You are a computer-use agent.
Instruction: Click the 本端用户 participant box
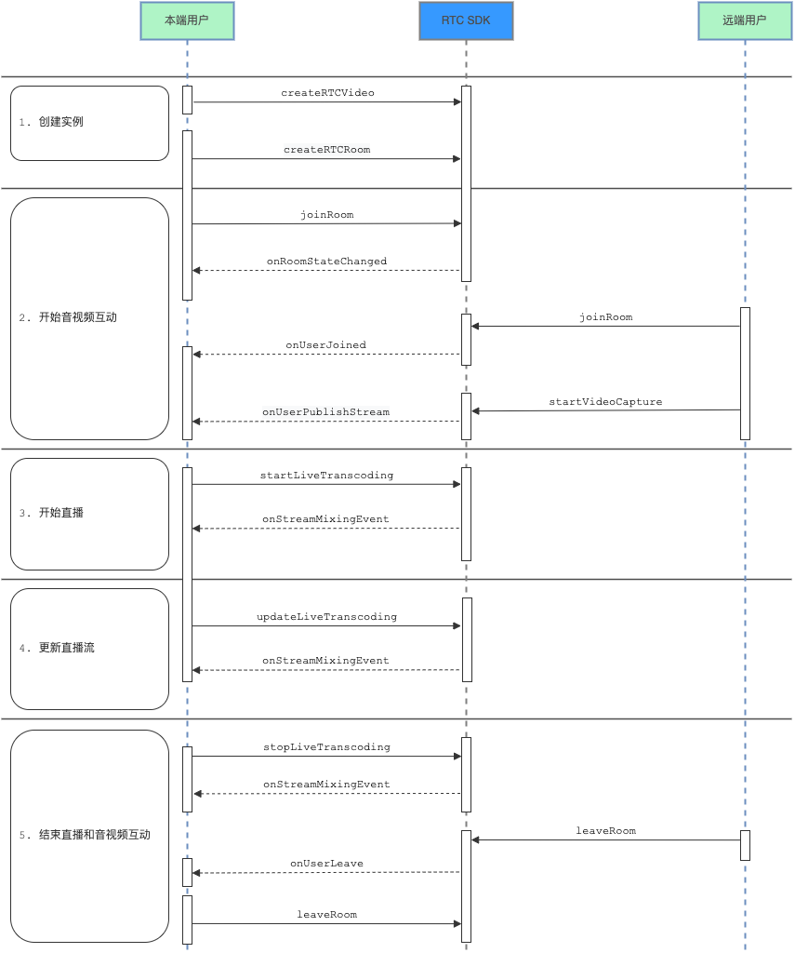(x=187, y=20)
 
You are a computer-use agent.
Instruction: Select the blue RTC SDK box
(x=466, y=20)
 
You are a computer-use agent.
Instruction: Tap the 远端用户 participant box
(x=745, y=20)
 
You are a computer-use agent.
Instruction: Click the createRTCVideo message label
(x=327, y=93)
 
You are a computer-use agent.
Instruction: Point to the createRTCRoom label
(x=326, y=150)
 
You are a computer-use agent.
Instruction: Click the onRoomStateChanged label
(x=326, y=262)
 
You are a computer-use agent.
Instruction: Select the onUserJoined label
(x=326, y=345)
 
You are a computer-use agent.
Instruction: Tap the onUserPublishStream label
(x=326, y=412)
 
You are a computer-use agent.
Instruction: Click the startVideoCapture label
(x=605, y=402)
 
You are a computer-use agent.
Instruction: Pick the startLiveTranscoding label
(x=326, y=476)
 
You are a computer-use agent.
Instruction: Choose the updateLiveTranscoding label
(x=326, y=617)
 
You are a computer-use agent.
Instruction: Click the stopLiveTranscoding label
(x=326, y=747)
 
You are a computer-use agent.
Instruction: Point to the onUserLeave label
(x=326, y=864)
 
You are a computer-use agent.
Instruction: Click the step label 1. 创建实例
(x=51, y=122)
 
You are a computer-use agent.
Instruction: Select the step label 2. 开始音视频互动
(x=68, y=317)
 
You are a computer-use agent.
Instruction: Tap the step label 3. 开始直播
(x=51, y=513)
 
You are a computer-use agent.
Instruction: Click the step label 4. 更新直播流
(x=57, y=648)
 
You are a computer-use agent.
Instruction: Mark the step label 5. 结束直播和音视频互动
(x=85, y=835)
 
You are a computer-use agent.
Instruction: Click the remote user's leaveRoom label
(x=606, y=831)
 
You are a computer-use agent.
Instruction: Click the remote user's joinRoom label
(x=606, y=317)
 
